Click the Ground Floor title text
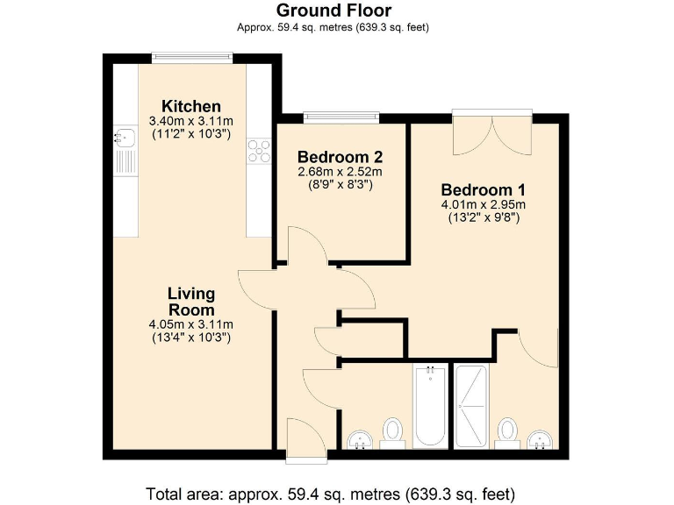(x=333, y=11)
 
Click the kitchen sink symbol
(x=125, y=136)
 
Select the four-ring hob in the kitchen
(x=259, y=151)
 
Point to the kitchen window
(x=192, y=57)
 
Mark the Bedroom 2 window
(x=341, y=117)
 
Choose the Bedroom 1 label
(x=484, y=190)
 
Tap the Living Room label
(x=190, y=302)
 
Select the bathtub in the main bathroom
(x=429, y=406)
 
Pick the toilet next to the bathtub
(x=392, y=431)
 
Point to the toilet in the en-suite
(x=506, y=431)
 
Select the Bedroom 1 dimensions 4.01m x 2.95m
(x=484, y=205)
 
